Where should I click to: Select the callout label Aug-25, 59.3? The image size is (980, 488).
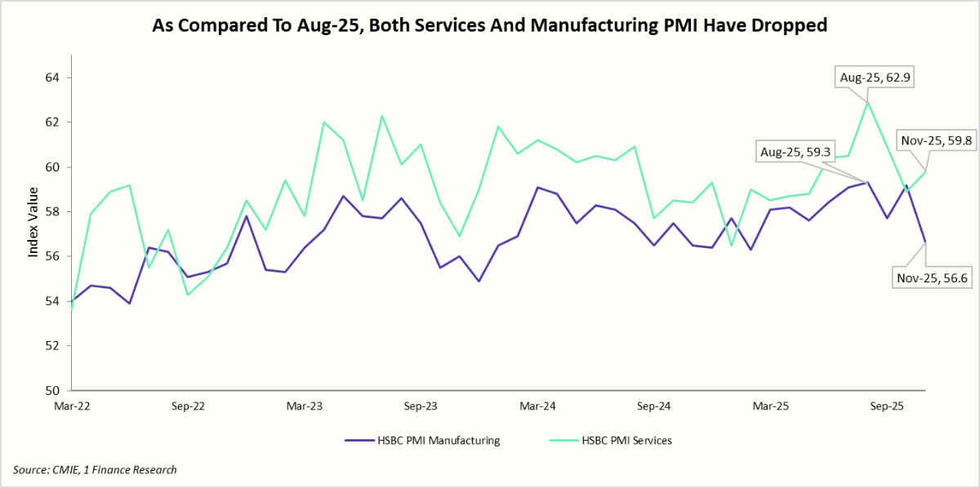[792, 153]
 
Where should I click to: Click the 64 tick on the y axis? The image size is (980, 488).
[52, 78]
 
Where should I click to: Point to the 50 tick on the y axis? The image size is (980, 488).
[52, 390]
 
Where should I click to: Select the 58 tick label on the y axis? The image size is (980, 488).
[52, 211]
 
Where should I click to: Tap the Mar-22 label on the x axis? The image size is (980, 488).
[72, 406]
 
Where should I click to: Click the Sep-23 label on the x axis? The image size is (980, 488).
[421, 406]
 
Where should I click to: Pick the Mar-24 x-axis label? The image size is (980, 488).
[538, 406]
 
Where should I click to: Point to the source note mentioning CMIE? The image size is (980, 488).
[95, 469]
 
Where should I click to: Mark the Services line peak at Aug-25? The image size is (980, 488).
[867, 102]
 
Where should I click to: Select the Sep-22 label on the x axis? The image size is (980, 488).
[189, 406]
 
